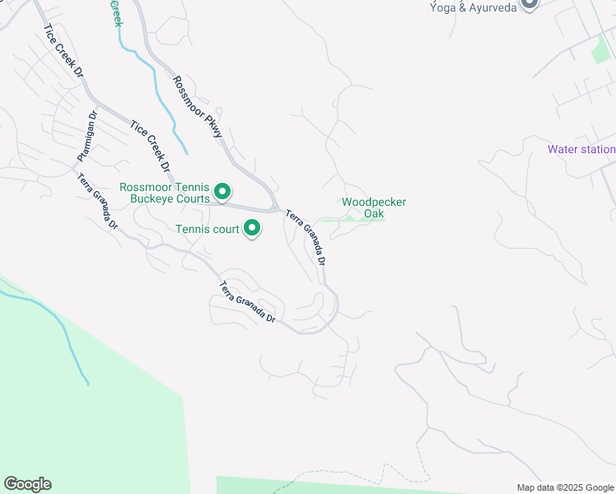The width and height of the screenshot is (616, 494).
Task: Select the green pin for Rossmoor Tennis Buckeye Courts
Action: tap(222, 193)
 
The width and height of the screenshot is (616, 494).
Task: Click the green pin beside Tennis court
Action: tap(252, 228)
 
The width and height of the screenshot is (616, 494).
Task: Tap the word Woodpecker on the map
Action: tap(374, 202)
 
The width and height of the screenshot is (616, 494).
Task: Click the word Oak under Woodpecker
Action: tap(374, 214)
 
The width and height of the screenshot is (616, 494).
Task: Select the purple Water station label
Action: tap(581, 149)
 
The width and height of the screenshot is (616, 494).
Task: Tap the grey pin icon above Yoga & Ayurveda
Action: tap(530, 2)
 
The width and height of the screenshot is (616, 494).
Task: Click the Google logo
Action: tap(27, 484)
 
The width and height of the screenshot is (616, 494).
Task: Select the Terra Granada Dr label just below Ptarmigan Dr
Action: tap(97, 202)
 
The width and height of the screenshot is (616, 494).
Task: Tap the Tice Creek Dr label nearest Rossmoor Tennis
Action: tap(149, 148)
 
